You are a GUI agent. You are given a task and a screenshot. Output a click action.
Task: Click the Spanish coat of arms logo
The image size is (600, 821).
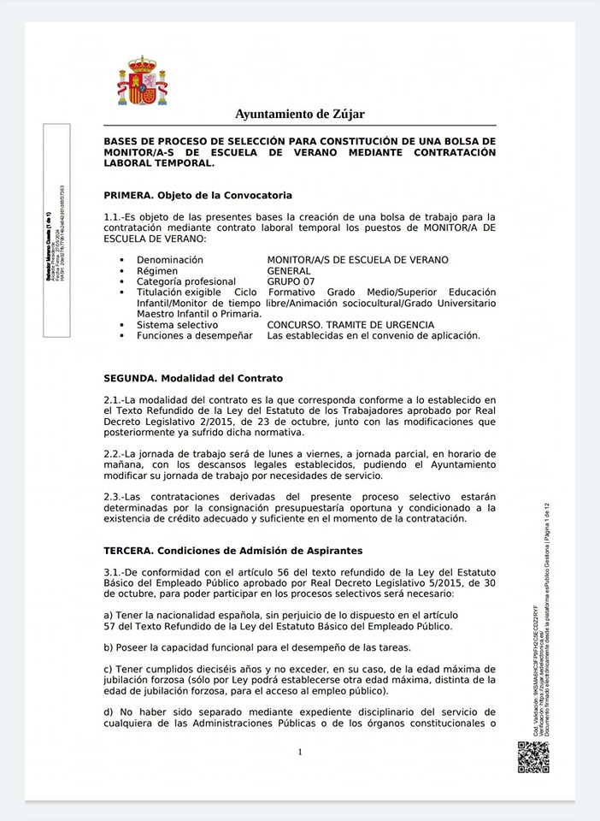coord(142,81)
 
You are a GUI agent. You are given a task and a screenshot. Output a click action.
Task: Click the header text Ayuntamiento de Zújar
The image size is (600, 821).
coord(299,114)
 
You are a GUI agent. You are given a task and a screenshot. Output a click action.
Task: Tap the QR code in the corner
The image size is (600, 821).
coord(532,757)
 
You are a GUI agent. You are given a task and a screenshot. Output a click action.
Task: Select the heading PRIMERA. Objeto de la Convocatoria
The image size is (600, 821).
coord(197,196)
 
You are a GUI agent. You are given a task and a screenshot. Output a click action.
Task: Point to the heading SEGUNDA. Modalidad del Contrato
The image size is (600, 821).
coord(192,378)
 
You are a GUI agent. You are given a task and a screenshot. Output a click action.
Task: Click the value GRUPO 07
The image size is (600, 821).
coord(291,281)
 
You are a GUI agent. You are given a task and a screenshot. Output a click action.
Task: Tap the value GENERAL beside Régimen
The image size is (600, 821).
coord(289,271)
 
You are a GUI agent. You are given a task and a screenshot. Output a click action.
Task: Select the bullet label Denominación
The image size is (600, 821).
coord(170,260)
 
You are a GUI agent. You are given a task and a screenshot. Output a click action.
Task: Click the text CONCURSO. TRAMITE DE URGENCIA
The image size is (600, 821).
coord(350,325)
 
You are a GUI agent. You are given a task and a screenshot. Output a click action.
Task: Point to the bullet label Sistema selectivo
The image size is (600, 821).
coord(177,325)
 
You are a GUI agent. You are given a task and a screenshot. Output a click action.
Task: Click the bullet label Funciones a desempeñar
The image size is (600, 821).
coord(195,335)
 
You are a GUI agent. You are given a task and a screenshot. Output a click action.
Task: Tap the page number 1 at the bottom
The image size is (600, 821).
coord(300,752)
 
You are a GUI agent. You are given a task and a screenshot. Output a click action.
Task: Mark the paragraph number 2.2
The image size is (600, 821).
coord(114,453)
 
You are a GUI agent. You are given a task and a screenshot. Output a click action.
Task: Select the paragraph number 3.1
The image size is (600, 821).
coord(114,572)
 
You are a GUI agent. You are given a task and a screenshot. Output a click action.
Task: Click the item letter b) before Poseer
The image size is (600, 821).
coord(109,647)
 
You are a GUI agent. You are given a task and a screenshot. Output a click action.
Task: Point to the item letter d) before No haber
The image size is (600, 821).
coord(109,712)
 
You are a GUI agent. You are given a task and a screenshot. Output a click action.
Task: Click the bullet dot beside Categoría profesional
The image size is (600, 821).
coord(122,282)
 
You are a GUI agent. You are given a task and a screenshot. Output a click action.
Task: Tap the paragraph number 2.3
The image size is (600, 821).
coord(114,497)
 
